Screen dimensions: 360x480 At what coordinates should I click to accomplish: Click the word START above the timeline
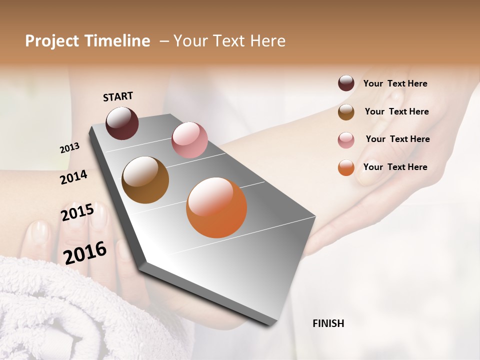[118, 96]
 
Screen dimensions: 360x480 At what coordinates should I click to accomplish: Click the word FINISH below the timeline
[328, 323]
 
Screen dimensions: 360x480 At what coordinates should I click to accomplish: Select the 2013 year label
[69, 148]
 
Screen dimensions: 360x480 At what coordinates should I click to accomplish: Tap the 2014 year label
[73, 177]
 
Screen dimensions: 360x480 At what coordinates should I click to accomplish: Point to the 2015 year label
[77, 212]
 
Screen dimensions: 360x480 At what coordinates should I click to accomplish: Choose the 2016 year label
[85, 252]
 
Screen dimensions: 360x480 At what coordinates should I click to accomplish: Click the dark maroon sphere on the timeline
[122, 123]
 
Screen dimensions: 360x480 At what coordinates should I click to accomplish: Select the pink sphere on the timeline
[189, 140]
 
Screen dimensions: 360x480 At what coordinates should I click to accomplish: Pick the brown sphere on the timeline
[145, 180]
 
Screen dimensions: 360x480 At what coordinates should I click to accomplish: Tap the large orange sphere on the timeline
[216, 207]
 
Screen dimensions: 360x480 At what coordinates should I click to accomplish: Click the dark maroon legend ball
[346, 83]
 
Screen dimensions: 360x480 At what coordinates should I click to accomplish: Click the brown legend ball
[346, 112]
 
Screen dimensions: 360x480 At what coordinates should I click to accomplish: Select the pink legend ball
[346, 140]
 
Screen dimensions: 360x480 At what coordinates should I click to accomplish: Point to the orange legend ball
[346, 167]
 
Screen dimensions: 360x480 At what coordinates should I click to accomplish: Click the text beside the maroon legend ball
[395, 83]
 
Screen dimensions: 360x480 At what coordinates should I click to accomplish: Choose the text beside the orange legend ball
[395, 167]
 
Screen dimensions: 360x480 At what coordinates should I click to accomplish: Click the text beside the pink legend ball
[397, 139]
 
